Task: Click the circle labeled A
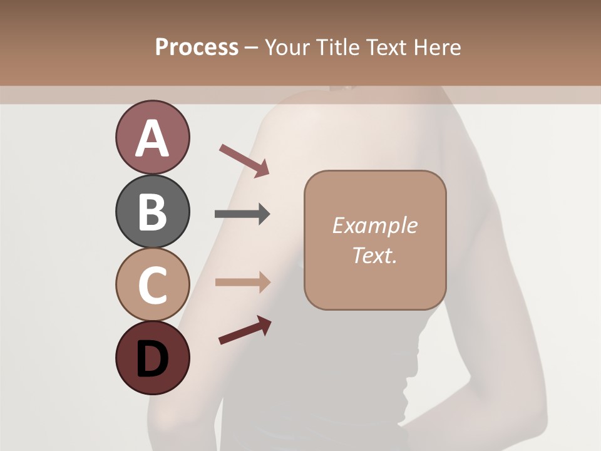[152, 137]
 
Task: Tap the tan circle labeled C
[152, 284]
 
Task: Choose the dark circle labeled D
[152, 358]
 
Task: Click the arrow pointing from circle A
[244, 160]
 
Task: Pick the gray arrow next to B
[242, 214]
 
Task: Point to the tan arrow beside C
[242, 282]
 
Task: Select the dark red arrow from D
[245, 330]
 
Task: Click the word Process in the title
[197, 48]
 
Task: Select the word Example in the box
[374, 225]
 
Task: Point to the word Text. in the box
[374, 255]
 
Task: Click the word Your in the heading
[287, 48]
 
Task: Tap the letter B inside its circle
[152, 212]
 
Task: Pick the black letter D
[152, 359]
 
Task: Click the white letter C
[152, 285]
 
